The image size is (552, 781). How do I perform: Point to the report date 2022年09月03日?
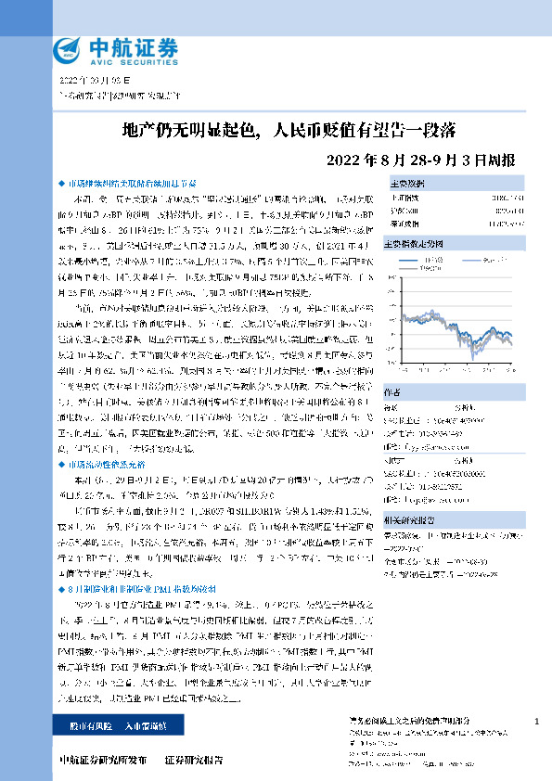pyautogui.click(x=88, y=82)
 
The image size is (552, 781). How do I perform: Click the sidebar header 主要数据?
pyautogui.click(x=433, y=183)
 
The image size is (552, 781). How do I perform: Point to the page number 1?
pyautogui.click(x=538, y=722)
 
